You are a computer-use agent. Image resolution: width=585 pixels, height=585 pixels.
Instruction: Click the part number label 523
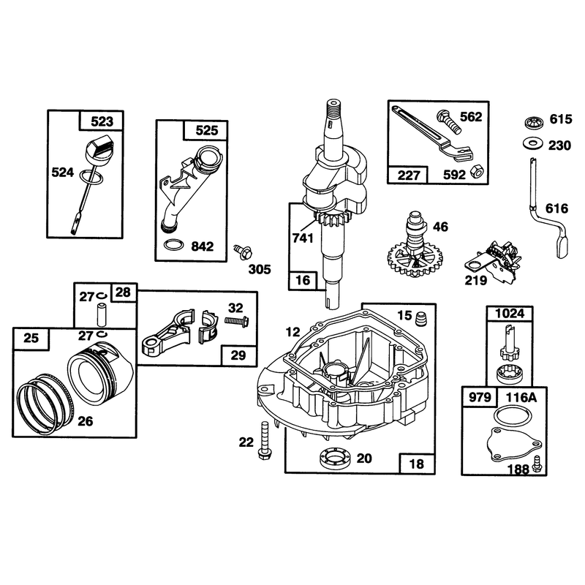[102, 121]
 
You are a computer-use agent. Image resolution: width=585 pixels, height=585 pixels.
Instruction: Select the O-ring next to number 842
[174, 245]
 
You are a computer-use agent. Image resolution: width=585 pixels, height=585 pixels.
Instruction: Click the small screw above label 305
[243, 252]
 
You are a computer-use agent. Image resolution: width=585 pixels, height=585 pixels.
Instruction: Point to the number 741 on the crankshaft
[303, 238]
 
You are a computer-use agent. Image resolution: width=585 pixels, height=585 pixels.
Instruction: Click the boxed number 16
[303, 280]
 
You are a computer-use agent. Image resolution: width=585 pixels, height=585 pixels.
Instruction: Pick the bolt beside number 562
[449, 121]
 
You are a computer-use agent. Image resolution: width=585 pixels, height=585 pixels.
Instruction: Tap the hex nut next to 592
[477, 171]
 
